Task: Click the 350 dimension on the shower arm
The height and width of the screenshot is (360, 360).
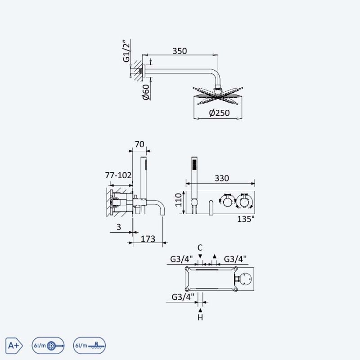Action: click(x=180, y=51)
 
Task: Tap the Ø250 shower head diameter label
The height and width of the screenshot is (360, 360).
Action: click(x=220, y=113)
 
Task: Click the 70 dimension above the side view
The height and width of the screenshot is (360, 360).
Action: click(x=139, y=144)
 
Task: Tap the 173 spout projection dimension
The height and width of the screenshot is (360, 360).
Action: click(x=148, y=239)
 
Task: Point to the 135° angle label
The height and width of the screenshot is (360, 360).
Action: click(x=246, y=219)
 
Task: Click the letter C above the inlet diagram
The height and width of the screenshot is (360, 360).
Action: click(x=200, y=247)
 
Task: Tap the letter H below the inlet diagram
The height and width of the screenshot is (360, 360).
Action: click(x=200, y=318)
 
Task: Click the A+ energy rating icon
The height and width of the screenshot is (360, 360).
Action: click(x=13, y=345)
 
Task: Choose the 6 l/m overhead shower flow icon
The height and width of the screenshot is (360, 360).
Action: click(x=90, y=345)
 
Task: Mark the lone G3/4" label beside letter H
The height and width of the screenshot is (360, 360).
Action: click(x=183, y=297)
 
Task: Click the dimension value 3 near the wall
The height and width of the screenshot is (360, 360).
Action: click(x=118, y=227)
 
